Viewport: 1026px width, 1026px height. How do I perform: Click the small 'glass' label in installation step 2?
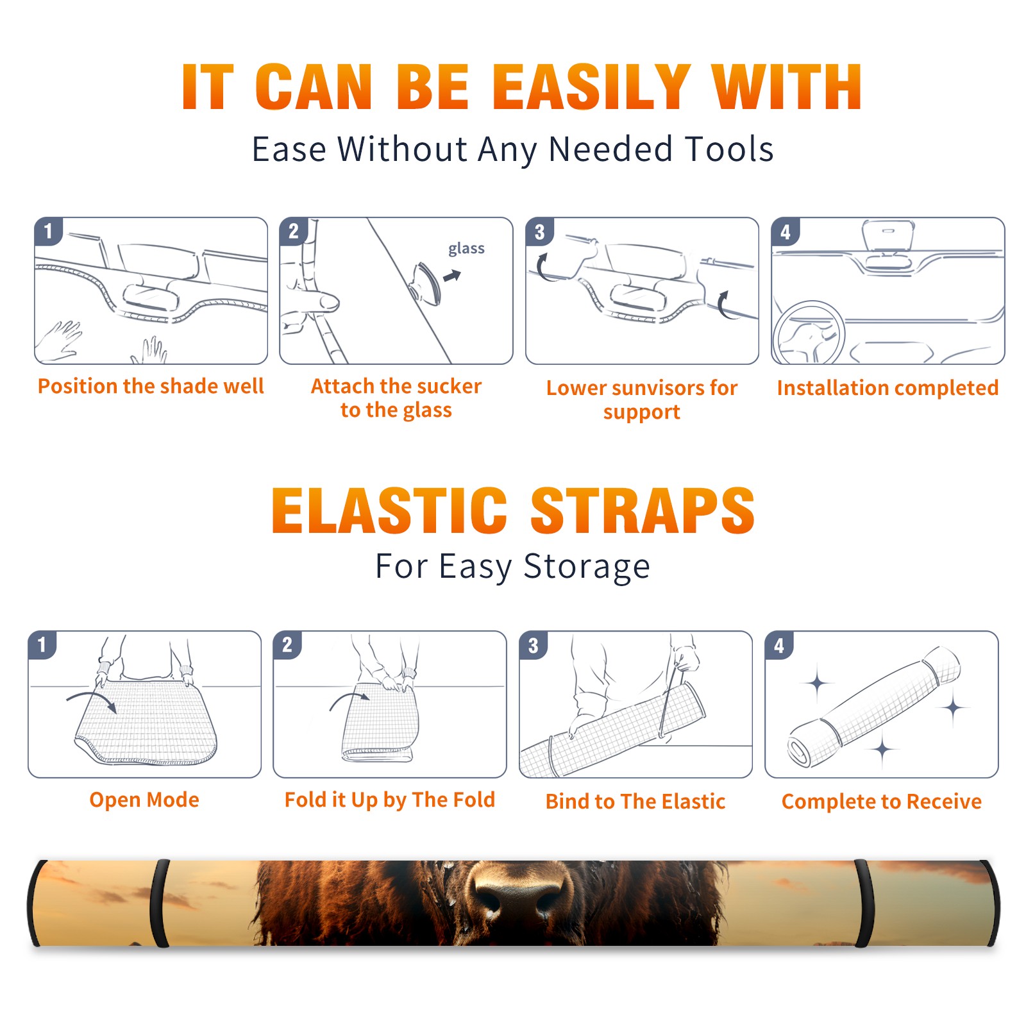466,249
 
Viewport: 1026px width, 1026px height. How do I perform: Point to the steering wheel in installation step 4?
808,333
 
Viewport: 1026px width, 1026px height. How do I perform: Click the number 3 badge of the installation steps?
539,231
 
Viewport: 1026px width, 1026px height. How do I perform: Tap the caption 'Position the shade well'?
151,386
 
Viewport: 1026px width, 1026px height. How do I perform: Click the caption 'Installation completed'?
887,387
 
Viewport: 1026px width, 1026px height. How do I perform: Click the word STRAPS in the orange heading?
643,510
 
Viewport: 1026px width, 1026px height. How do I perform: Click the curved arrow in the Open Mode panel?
92,700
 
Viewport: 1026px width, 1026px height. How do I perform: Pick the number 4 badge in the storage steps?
779,645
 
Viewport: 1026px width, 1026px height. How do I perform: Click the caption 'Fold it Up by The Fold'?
390,800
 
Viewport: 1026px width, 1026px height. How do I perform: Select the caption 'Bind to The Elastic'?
635,802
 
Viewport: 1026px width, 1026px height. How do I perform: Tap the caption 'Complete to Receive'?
882,802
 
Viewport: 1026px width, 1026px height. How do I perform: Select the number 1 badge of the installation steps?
48,231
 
